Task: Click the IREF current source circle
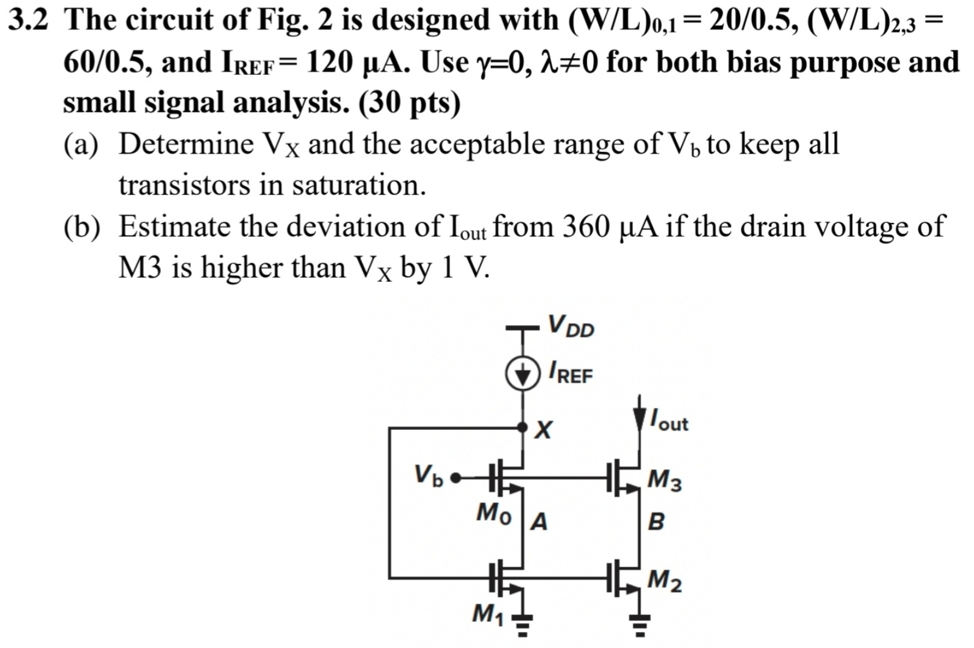click(522, 374)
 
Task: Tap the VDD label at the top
click(571, 326)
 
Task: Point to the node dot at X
click(522, 427)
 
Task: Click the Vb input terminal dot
click(455, 478)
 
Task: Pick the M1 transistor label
click(488, 613)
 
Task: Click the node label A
click(539, 522)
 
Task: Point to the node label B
click(656, 522)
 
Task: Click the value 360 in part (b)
click(588, 226)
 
